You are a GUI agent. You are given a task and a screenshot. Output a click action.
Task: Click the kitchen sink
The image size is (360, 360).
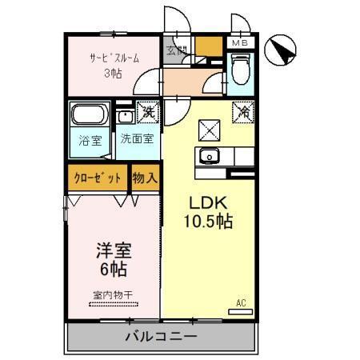(210, 155)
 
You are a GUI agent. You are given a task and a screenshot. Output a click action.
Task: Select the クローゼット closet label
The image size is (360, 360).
(98, 178)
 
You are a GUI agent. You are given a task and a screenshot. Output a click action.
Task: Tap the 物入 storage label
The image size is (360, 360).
(143, 178)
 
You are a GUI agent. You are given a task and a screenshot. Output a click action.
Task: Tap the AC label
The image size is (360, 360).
(241, 302)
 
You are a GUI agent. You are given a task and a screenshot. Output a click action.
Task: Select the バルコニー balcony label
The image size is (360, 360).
(162, 335)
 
